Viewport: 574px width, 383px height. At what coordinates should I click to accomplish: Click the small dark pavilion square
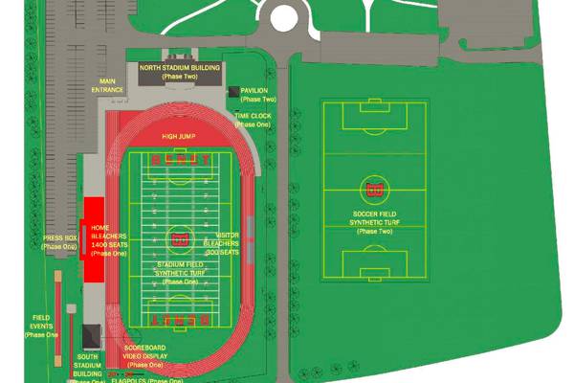click(234, 91)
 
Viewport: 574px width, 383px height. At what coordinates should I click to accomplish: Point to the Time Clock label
click(254, 120)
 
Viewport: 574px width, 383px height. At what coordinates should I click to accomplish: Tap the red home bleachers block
click(95, 239)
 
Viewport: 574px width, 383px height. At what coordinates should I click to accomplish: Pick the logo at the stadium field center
click(179, 237)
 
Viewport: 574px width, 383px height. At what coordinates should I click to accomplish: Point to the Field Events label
click(41, 326)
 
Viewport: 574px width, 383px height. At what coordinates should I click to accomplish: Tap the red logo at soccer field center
click(374, 186)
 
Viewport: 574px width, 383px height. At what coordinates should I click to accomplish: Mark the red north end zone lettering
click(180, 161)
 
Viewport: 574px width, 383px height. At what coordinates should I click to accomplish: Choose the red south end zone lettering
click(180, 317)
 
